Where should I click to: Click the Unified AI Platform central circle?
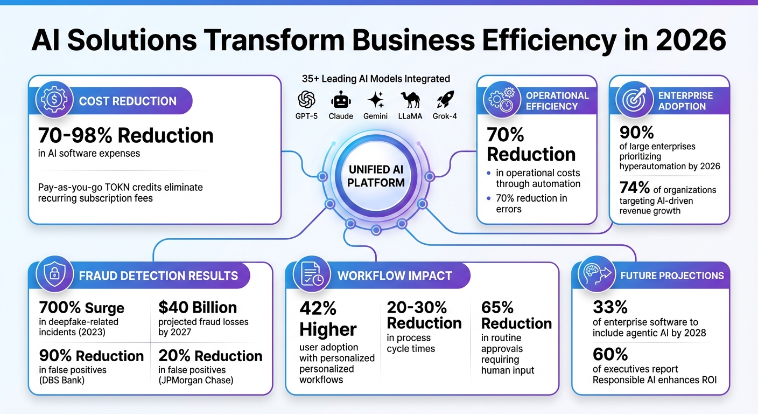(x=376, y=176)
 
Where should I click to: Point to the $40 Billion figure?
(x=198, y=307)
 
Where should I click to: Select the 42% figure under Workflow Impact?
(x=318, y=308)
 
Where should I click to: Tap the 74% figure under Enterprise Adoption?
(x=635, y=188)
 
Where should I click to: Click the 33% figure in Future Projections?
(x=610, y=307)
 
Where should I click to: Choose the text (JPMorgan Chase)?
(x=196, y=381)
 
